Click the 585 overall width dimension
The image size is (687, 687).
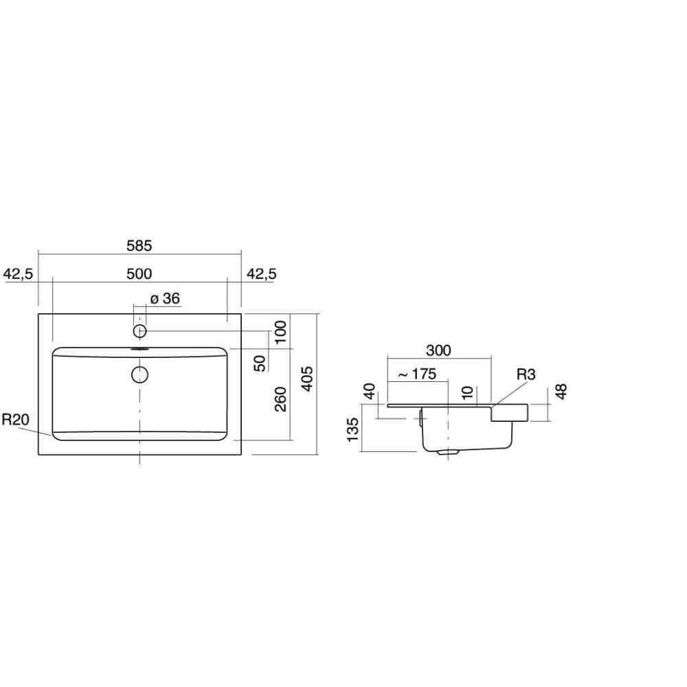coord(139,246)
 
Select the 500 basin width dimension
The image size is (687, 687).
coord(139,274)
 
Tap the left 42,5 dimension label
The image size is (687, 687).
coord(18,274)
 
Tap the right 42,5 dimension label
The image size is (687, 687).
coord(262,274)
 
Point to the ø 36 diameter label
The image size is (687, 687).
coord(165,298)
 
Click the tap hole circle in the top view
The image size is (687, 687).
coord(139,331)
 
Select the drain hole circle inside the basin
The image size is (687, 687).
coord(139,374)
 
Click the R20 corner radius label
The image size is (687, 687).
coord(15,420)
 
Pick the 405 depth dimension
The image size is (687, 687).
coord(308,379)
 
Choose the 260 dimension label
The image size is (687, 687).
coord(280,399)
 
